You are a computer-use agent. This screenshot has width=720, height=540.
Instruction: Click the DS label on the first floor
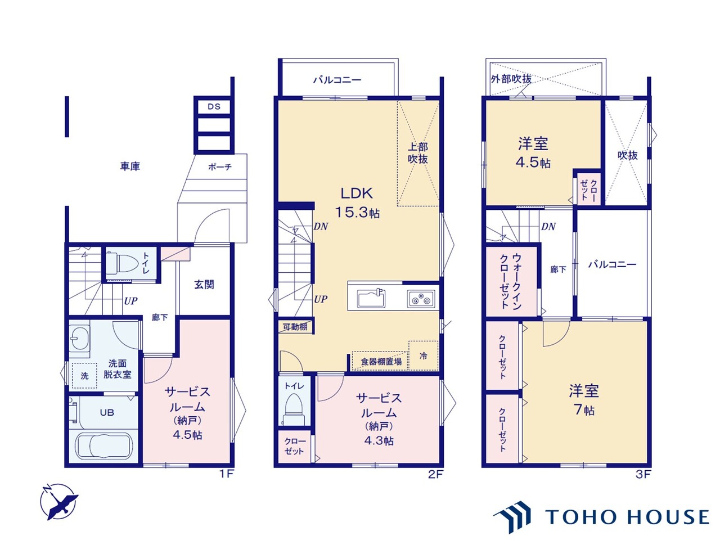point(214,106)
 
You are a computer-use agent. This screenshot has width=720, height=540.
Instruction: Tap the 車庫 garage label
point(130,166)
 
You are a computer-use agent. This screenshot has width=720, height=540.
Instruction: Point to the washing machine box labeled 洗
point(84,375)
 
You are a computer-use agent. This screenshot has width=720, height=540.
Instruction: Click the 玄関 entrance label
point(204,285)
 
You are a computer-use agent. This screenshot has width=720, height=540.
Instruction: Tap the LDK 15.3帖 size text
point(357,213)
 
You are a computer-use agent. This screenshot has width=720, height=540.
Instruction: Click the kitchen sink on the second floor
point(371,298)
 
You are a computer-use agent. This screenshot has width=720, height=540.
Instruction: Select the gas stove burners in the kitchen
point(421,299)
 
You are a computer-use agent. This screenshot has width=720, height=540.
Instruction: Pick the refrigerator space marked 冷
point(423,355)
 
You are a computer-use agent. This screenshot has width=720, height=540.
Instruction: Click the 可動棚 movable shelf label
point(295,327)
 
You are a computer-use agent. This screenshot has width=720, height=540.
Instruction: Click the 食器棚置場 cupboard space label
point(381,362)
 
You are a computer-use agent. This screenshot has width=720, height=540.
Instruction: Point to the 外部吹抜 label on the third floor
point(511,79)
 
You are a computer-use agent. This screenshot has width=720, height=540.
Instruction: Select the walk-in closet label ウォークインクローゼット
point(511,281)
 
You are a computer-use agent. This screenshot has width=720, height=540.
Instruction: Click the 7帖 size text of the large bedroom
point(584,410)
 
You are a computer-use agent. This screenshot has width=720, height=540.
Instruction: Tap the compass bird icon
point(59,502)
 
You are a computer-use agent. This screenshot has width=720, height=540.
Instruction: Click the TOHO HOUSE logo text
point(627,517)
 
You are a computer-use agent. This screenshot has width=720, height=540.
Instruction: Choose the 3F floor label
point(643,474)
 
